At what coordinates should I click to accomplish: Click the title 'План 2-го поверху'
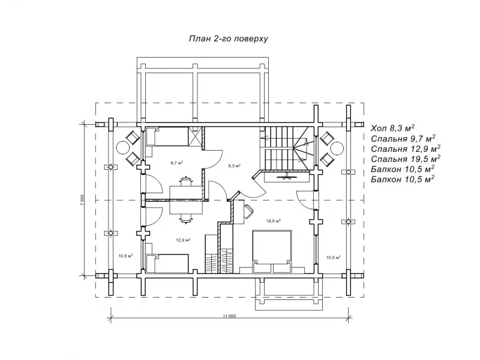point(229,39)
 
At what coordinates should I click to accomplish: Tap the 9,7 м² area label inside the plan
point(177,163)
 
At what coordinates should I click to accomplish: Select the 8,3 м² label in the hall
point(234,166)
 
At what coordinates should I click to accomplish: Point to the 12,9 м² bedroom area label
point(184,240)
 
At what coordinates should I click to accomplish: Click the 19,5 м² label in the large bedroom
point(274,220)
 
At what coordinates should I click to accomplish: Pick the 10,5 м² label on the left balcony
point(125,256)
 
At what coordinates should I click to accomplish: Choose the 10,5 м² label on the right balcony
point(334,257)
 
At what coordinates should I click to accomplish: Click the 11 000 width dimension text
point(230,316)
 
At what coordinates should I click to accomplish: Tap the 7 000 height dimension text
point(82,200)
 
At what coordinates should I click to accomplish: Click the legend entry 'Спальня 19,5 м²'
point(406,159)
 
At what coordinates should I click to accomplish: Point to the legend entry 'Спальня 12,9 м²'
point(406,149)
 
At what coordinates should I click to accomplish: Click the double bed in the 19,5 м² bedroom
point(272,251)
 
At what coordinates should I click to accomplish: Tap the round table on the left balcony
point(123,148)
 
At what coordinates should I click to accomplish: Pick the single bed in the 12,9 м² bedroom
point(167,263)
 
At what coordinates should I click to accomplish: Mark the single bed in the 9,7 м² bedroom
point(167,137)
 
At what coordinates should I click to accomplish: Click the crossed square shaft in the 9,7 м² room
point(196,137)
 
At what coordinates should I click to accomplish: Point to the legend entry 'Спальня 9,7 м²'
point(403,139)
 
